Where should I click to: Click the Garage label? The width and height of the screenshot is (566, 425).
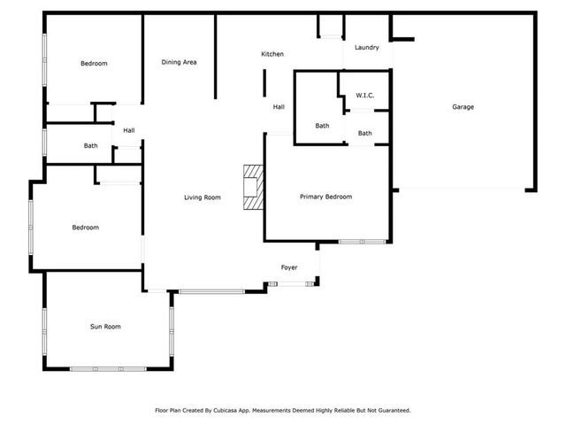463,107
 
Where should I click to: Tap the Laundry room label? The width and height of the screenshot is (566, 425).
366,47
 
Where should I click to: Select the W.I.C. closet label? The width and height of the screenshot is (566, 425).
366,95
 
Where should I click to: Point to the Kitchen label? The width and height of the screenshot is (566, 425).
272,55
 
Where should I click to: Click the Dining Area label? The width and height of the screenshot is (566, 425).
179,62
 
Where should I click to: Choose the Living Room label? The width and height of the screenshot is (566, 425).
203,197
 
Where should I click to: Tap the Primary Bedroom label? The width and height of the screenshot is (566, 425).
325,197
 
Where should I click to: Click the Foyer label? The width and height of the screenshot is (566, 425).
289,267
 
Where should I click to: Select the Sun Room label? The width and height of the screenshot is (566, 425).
105,327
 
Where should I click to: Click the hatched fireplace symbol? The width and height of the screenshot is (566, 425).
254,188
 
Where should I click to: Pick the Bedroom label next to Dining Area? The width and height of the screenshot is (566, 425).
94,64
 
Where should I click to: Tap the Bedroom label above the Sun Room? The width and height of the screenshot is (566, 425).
85,228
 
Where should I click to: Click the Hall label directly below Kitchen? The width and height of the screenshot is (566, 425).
279,107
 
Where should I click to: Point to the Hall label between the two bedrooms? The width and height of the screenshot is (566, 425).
129,131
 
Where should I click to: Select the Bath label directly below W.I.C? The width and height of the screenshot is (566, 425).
365,134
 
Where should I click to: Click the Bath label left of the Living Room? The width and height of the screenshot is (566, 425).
90,146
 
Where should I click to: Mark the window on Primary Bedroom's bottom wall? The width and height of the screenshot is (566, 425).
362,242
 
